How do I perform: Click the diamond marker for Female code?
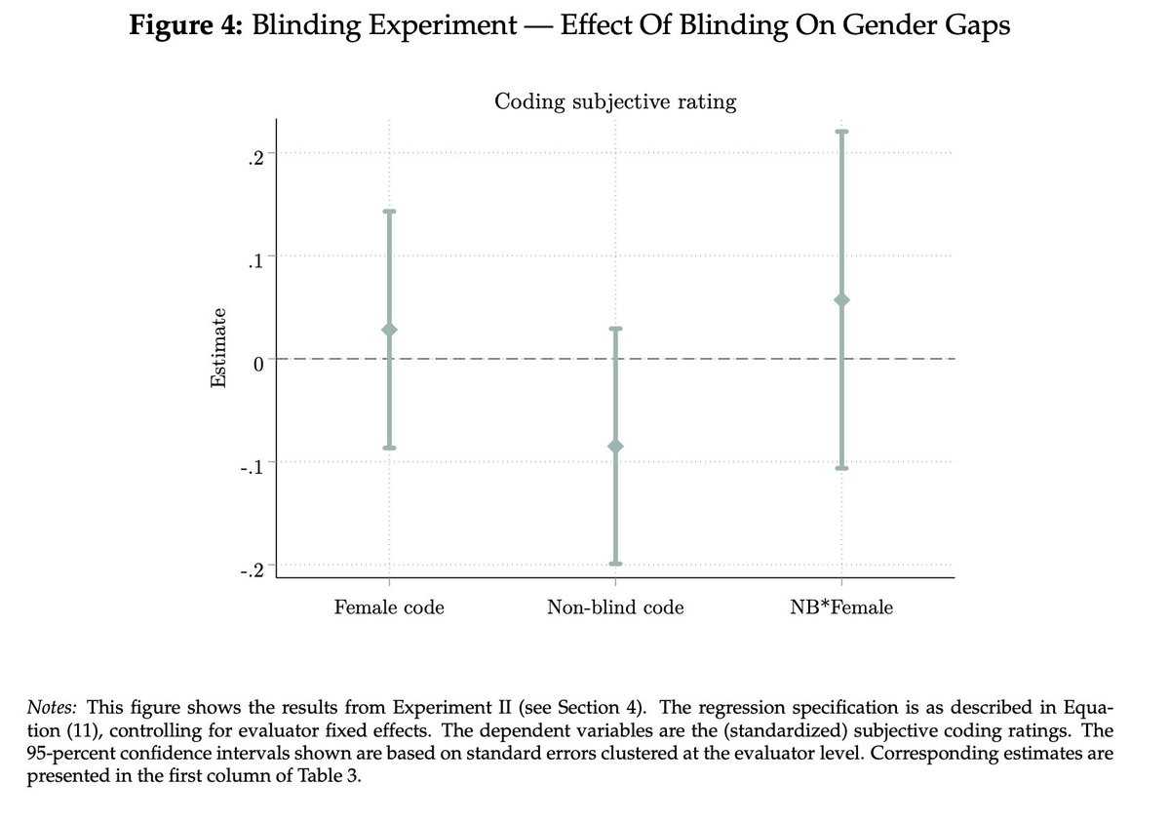(389, 330)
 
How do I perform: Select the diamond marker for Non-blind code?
(615, 447)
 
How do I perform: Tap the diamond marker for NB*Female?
(842, 299)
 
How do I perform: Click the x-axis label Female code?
(389, 607)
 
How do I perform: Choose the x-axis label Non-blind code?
(615, 607)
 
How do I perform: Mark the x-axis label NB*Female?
(842, 607)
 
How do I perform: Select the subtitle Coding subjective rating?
(615, 101)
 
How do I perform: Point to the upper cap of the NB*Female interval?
(842, 132)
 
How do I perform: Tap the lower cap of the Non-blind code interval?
(615, 564)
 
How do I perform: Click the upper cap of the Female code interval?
(389, 212)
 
